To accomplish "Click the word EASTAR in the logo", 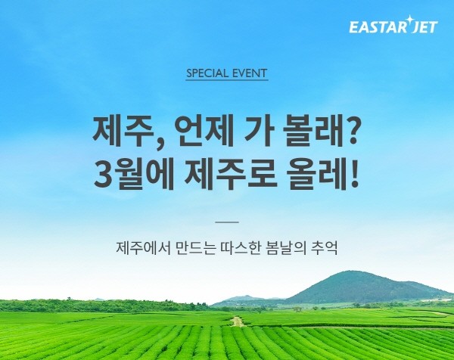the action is tap(378, 27).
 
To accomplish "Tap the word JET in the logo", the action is tap(424, 27).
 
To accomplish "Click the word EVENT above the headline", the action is tap(250, 73).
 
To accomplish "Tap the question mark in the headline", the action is tap(350, 132).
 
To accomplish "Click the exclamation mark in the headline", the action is tap(354, 174).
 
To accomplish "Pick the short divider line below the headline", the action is tap(227, 222).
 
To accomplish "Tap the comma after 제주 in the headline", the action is tap(158, 145).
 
